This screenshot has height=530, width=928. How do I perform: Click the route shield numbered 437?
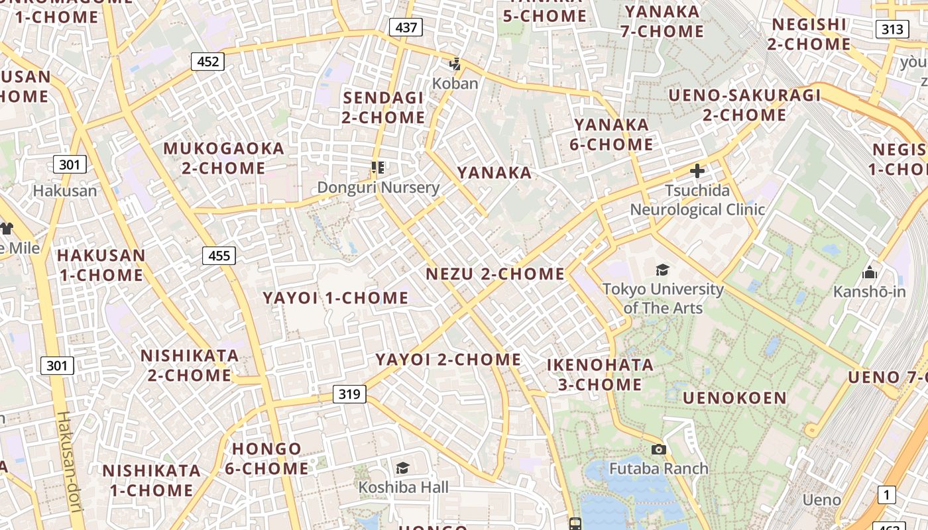click(406, 27)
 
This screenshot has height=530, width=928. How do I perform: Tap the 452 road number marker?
click(207, 62)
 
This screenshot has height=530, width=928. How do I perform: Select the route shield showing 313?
click(892, 29)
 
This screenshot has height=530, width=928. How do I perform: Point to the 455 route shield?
click(219, 256)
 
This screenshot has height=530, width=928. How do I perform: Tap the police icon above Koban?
click(455, 64)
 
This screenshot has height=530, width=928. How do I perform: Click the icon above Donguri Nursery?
click(378, 168)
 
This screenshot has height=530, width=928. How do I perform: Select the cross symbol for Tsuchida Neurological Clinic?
click(697, 171)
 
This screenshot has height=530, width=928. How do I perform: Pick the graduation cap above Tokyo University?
click(662, 270)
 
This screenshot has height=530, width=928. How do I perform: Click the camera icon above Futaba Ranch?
click(658, 450)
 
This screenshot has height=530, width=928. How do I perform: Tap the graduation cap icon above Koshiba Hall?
click(402, 468)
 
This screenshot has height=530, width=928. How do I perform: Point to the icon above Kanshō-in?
click(869, 273)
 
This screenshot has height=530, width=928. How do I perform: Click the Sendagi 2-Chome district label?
click(384, 107)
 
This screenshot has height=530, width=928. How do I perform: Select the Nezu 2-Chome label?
click(495, 274)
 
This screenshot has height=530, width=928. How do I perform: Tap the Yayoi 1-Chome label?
click(335, 298)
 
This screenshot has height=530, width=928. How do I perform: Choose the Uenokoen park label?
click(734, 398)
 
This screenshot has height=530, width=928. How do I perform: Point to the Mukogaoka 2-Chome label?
click(223, 158)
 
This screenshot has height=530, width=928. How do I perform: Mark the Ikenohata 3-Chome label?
click(600, 374)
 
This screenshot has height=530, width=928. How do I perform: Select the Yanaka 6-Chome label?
click(613, 134)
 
